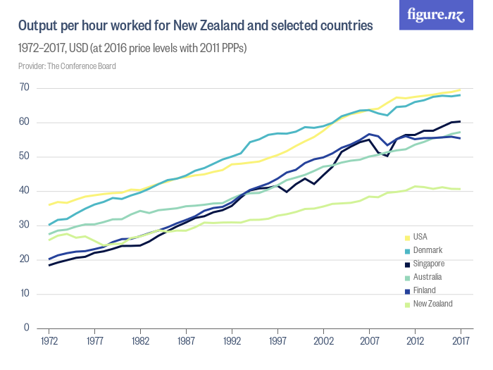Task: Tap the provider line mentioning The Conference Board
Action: [67, 66]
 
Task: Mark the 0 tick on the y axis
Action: [27, 328]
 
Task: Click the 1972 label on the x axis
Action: [49, 340]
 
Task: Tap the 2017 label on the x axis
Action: [461, 340]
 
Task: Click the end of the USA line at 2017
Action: [461, 90]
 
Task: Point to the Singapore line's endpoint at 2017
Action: [461, 121]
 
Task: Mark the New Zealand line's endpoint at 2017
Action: [461, 189]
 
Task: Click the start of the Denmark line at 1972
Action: [49, 225]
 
